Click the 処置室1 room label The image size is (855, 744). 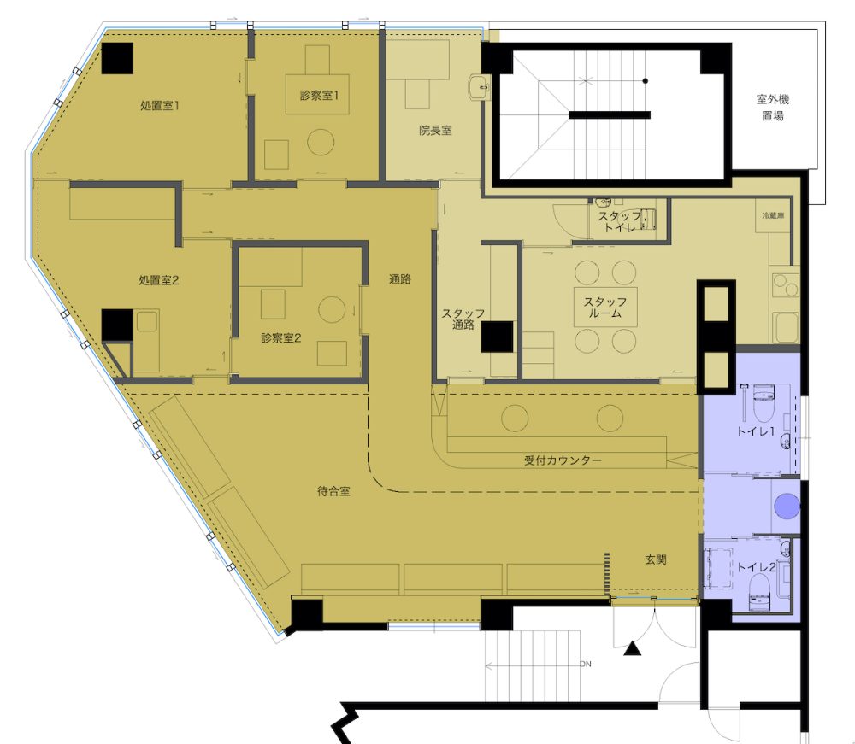pos(160,106)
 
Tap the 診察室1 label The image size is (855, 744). pos(319,96)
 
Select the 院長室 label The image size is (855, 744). pos(435,131)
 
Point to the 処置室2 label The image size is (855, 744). pos(159,280)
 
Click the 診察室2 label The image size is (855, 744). pos(280,337)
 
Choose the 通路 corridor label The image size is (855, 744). pos(399,278)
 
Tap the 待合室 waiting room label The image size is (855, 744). pos(333,491)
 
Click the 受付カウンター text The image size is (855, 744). pos(563,460)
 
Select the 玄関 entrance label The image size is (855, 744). pos(656,559)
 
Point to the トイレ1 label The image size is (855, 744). pos(755,431)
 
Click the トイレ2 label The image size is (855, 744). pos(756,567)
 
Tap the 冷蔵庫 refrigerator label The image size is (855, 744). pos(773,216)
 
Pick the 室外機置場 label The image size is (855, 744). pos(773,108)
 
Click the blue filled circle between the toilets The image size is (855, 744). pos(787,506)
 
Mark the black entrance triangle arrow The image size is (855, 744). pos(632,648)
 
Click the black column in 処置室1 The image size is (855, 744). pos(117,58)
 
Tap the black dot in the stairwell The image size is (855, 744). pos(645,81)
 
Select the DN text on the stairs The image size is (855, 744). pos(585,664)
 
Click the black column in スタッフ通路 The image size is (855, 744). pos(497,337)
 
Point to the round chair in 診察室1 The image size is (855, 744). pos(320,142)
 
